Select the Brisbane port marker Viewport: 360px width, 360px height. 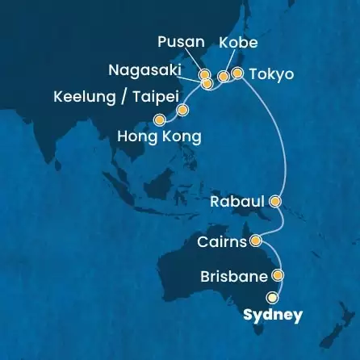click(278, 276)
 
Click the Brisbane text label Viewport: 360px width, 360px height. click(233, 276)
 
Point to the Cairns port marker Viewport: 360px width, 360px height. click(256, 240)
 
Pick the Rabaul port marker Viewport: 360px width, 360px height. click(275, 200)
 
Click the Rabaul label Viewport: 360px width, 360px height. click(238, 200)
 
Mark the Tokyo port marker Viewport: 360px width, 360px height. click(237, 73)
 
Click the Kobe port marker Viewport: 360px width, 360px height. click(224, 77)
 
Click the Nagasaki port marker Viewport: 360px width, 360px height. click(207, 83)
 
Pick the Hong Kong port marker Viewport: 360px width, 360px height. click(170, 119)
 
